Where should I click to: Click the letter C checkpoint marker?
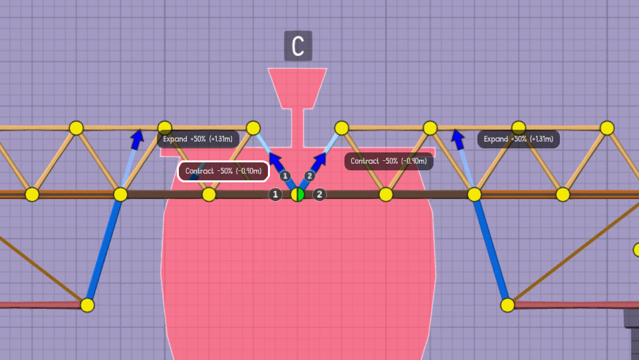pyautogui.click(x=298, y=46)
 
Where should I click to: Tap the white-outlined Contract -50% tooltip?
pyautogui.click(x=223, y=171)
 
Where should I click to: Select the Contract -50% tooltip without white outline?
pyautogui.click(x=389, y=161)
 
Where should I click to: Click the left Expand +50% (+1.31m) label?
pyautogui.click(x=197, y=139)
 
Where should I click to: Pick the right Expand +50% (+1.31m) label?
pyautogui.click(x=519, y=139)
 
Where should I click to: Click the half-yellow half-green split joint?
pyautogui.click(x=298, y=194)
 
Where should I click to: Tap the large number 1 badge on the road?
pyautogui.click(x=275, y=194)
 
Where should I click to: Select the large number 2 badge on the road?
pyautogui.click(x=320, y=194)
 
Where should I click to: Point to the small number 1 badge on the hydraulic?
pyautogui.click(x=285, y=176)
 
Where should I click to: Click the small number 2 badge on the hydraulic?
pyautogui.click(x=309, y=176)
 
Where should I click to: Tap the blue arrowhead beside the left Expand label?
pyautogui.click(x=137, y=138)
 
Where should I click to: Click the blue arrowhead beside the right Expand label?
pyautogui.click(x=457, y=137)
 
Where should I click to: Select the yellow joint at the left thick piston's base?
pyautogui.click(x=87, y=305)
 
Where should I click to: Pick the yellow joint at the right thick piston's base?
pyautogui.click(x=507, y=305)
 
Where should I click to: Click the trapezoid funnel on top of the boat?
pyautogui.click(x=297, y=87)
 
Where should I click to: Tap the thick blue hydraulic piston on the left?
pyautogui.click(x=104, y=250)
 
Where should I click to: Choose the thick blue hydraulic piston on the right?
pyautogui.click(x=491, y=250)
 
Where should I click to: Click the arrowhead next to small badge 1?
pyautogui.click(x=275, y=160)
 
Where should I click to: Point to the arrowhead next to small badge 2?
pyautogui.click(x=321, y=160)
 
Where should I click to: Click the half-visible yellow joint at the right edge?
pyautogui.click(x=636, y=250)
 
